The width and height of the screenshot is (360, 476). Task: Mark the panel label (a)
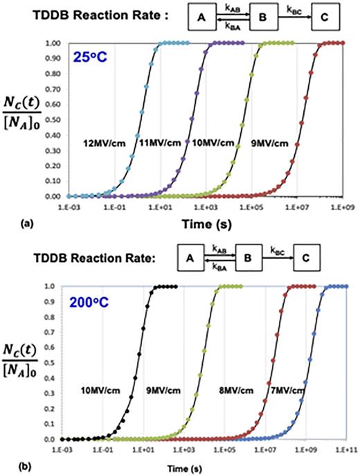(13, 223)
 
